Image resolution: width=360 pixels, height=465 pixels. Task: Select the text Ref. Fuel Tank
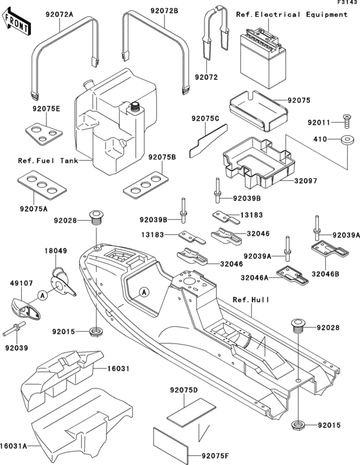pos(44,161)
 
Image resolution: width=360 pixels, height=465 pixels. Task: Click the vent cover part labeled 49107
pos(24,309)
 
